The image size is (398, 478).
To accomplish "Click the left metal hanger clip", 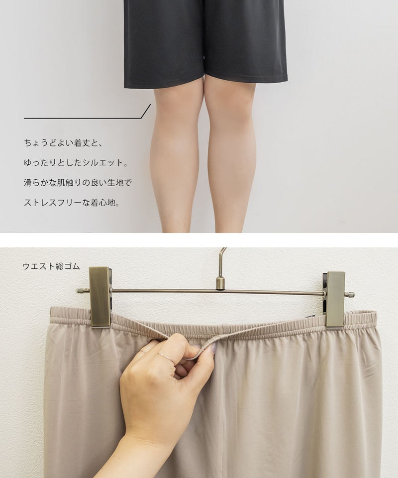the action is tap(100, 297).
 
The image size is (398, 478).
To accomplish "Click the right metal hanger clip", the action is tap(334, 300).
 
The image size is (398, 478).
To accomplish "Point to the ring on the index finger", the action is tap(165, 358).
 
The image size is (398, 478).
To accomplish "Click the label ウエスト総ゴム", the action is tap(51, 266).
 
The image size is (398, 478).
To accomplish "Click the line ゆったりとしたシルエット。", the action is tap(76, 162).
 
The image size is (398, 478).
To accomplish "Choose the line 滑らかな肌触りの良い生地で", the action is tap(78, 183).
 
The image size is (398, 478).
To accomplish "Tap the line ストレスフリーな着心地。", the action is tap(72, 203).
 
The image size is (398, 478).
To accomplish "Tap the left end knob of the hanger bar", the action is tap(80, 290).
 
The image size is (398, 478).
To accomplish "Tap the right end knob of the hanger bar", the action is tap(351, 294).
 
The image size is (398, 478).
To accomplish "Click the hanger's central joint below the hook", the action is tap(220, 283).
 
